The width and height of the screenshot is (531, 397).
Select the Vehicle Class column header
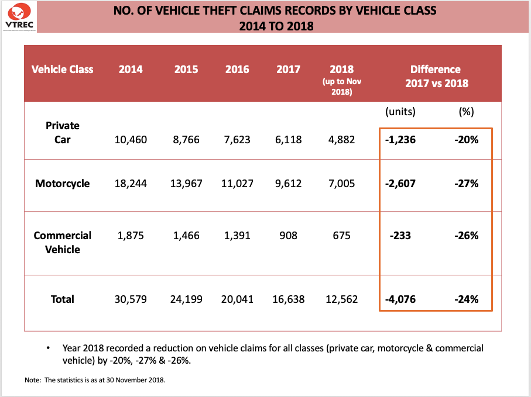coord(62,69)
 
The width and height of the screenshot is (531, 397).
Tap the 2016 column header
coord(237,69)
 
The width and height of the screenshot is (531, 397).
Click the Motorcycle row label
coord(63,184)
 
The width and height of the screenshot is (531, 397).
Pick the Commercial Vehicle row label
coord(63,242)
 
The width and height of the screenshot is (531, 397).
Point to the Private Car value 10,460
coord(131,140)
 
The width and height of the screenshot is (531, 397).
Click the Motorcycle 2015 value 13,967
coord(186,184)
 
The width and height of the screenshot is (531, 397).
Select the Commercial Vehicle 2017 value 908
coord(288,236)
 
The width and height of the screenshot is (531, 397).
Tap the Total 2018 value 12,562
coord(342,299)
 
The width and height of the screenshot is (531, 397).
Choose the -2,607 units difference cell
coord(401,184)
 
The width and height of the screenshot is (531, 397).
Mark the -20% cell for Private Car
coord(467,140)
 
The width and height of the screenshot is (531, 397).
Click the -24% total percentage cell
coord(467,299)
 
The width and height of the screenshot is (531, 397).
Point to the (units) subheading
coord(400,111)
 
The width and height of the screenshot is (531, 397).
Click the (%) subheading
coord(467,111)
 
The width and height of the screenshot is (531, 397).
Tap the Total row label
coord(63,299)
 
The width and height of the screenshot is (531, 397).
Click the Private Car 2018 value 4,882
coord(342,140)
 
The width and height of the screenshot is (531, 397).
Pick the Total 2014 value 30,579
coord(131,299)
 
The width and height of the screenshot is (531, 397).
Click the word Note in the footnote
coord(32,381)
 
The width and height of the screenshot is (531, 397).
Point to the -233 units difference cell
coord(401,236)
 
